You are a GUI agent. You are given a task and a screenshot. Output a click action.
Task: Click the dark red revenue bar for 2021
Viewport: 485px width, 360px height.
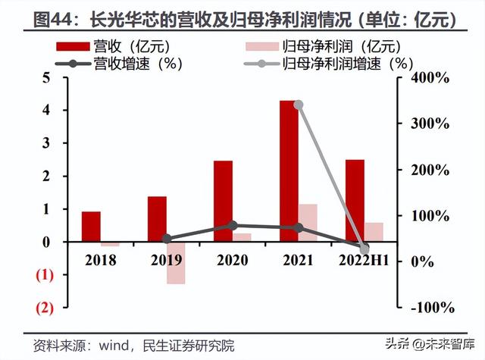tap(289, 171)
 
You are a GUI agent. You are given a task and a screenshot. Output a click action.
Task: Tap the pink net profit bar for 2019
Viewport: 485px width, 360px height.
tap(176, 262)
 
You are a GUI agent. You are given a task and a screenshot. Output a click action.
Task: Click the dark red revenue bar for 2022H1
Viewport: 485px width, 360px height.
tap(355, 200)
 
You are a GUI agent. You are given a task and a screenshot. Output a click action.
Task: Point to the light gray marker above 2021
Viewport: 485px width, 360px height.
tap(299, 105)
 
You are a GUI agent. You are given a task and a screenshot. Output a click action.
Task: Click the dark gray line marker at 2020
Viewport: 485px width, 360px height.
tap(233, 225)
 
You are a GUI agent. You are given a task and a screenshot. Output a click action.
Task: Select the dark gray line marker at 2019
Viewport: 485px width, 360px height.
tap(167, 238)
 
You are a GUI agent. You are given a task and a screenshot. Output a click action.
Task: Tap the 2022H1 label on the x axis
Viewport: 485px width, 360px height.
tap(364, 260)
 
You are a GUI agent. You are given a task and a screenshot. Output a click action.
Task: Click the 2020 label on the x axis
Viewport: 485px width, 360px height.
tap(233, 260)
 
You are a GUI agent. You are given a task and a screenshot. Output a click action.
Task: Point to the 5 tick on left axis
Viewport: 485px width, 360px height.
tap(46, 77)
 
